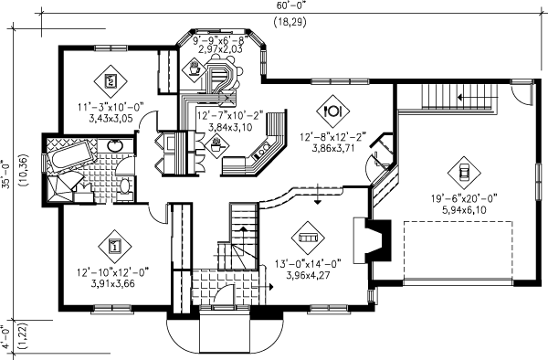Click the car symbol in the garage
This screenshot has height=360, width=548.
pos(464,173)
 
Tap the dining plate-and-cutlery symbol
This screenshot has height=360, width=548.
pos(333,111)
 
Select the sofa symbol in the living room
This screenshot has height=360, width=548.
pos(308,238)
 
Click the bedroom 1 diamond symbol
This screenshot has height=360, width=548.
pos(115,247)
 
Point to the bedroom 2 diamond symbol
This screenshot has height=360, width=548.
pos(111,81)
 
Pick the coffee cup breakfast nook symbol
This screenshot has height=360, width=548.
pos(195,69)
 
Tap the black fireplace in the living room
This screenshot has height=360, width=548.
pos(378,240)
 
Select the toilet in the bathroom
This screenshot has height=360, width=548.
pos(124,187)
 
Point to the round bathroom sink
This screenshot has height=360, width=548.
pos(115,145)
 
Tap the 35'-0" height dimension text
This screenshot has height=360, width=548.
pos(6,173)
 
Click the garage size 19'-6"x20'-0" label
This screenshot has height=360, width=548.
pos(464,199)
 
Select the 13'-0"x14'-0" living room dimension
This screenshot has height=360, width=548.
pos(308,263)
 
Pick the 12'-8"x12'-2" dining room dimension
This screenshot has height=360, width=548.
pos(333,137)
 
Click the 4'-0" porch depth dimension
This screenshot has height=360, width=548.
pos(6,337)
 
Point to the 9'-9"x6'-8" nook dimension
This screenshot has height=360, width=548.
pos(220,39)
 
